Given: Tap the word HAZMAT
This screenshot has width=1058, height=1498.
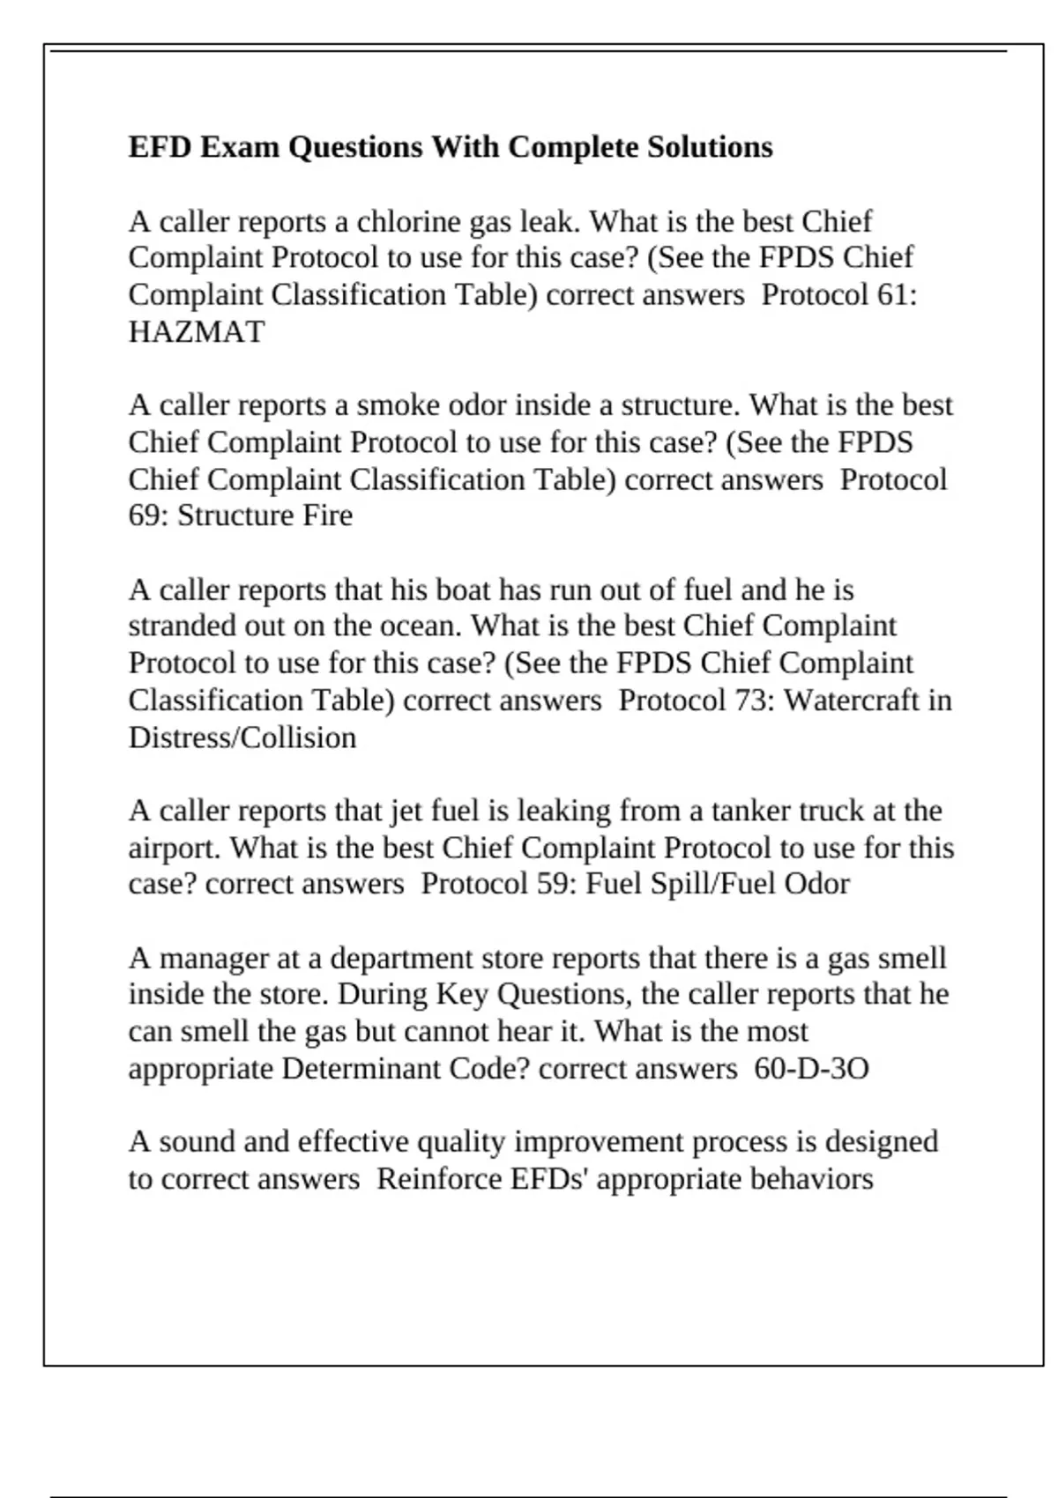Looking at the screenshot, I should point(196,332).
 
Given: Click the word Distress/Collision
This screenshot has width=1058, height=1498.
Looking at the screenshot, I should point(242,738).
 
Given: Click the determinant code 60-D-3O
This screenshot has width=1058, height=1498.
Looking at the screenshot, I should point(811,1069).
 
